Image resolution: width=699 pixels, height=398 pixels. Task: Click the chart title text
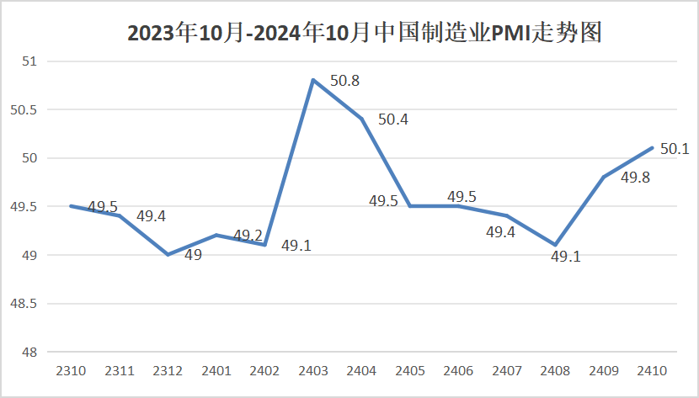coord(364,33)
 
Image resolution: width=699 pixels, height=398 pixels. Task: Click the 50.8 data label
coord(344,82)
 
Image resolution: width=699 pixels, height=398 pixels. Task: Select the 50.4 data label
coord(392,119)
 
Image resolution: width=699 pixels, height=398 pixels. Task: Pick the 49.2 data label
coord(248,235)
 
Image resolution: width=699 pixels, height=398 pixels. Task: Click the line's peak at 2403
coord(313,80)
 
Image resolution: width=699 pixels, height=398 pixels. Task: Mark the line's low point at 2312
coord(168,254)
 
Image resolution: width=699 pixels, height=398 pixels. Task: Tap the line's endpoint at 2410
coord(653,148)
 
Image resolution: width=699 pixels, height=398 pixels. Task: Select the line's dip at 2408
coord(556,245)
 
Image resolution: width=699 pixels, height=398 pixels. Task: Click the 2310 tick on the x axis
coord(70,370)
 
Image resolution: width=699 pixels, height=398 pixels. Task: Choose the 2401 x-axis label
coord(216,370)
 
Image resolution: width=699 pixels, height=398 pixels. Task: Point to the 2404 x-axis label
coord(361,370)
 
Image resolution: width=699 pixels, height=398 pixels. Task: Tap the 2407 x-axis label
coord(507,370)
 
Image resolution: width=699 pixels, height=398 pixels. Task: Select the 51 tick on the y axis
coord(30,61)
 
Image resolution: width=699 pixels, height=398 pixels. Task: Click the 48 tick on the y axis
coord(30,352)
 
